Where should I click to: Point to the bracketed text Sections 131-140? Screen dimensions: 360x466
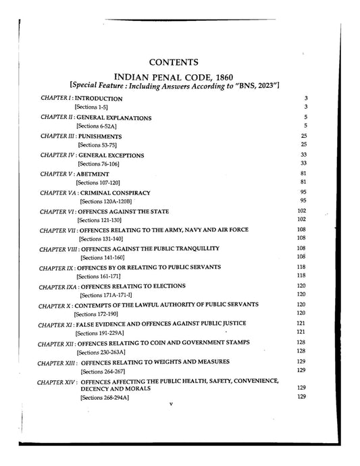coord(101,239)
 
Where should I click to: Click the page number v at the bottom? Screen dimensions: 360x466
coord(172,405)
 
